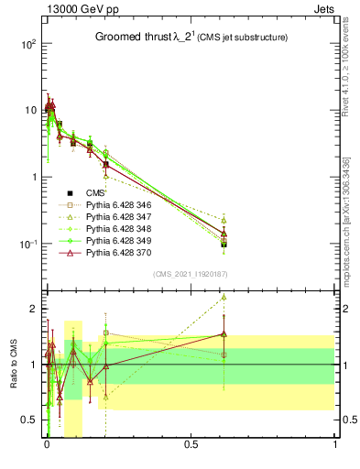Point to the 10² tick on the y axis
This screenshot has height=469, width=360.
pyautogui.click(x=27, y=44)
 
